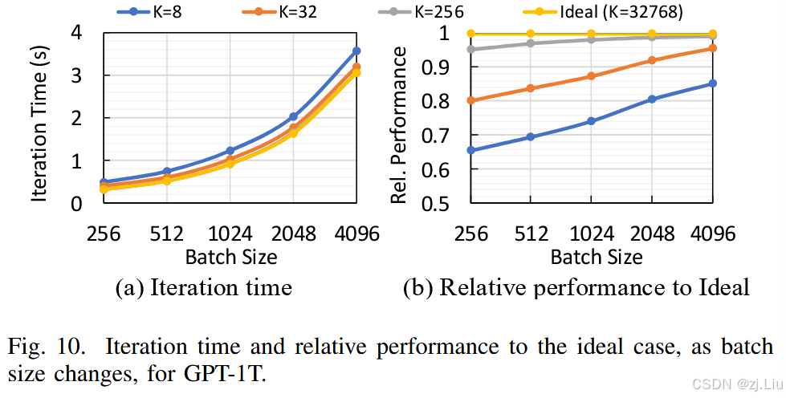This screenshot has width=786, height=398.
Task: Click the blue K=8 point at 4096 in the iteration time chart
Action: tap(356, 51)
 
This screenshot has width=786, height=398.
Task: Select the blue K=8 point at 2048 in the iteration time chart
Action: tap(293, 116)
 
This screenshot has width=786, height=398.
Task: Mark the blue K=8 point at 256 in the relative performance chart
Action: tap(470, 150)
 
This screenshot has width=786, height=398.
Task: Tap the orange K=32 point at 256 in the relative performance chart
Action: tap(470, 100)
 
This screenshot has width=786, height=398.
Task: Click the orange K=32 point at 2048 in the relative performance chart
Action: tap(651, 60)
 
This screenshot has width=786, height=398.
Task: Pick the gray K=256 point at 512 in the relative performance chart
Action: tap(531, 43)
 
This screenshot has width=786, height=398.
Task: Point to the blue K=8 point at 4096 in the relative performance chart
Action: tap(712, 83)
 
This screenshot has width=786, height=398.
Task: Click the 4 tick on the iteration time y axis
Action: tap(77, 33)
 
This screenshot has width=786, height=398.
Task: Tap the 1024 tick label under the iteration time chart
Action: tap(230, 234)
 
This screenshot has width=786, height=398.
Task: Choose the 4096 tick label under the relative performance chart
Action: tap(712, 234)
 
